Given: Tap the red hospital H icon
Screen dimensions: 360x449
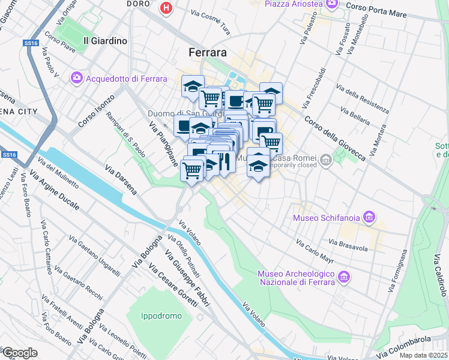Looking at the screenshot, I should click(166, 8).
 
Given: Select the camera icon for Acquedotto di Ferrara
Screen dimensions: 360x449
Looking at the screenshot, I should click(77, 78).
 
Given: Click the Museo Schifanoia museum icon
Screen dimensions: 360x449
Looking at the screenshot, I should click(369, 217).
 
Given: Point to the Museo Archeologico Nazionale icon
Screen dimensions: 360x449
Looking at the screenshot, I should click(343, 277).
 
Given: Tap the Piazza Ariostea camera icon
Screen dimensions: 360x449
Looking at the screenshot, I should click(332, 4).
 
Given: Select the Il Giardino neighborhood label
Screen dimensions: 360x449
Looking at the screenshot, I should click(105, 41).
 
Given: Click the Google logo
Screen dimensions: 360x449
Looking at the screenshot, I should click(19, 353).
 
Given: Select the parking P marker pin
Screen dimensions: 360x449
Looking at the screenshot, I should click(264, 130).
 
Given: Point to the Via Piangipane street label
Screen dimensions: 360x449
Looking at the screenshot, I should click(163, 144).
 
